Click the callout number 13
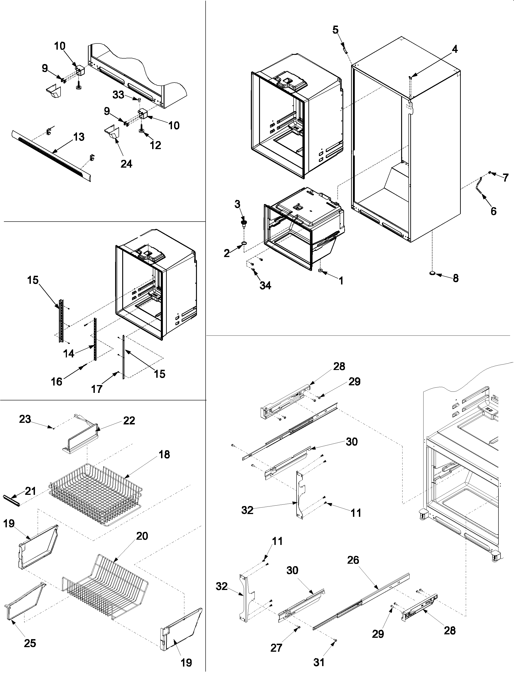point(79,137)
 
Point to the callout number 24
point(126,163)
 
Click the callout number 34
point(265,285)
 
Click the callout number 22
point(129,421)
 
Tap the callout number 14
point(69,353)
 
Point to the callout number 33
point(118,95)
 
